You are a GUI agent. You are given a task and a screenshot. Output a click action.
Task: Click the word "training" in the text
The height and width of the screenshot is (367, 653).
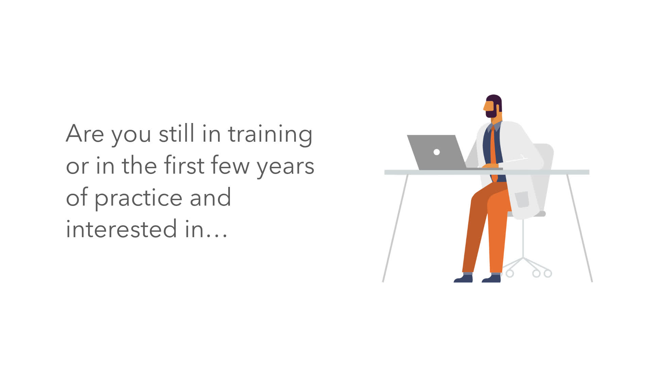pos(270,135)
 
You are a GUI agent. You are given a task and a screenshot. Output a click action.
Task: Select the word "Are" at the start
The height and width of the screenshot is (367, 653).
pos(85,133)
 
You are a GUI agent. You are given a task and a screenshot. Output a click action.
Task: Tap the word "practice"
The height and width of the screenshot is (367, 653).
pos(138,198)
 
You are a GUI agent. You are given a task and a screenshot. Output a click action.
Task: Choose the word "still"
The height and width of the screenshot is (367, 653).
pos(177,133)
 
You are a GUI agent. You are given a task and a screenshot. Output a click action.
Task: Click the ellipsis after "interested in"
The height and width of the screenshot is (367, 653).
pos(216,235)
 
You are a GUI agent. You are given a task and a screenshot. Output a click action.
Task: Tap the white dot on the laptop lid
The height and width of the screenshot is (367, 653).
pos(437,152)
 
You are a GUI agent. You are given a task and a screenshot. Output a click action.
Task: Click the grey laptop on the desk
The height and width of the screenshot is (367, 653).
pos(439,152)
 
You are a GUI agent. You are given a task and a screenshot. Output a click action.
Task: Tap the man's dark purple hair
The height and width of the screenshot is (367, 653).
pos(495,101)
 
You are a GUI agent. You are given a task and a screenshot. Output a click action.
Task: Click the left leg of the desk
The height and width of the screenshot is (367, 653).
pos(395,228)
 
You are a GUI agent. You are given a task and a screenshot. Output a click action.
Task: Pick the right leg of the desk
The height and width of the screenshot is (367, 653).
pos(580,228)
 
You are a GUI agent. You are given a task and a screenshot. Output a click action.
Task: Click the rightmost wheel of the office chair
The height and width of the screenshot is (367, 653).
pos(548,273)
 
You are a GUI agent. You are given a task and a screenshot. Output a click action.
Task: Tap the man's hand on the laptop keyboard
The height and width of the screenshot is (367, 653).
pos(490,166)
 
